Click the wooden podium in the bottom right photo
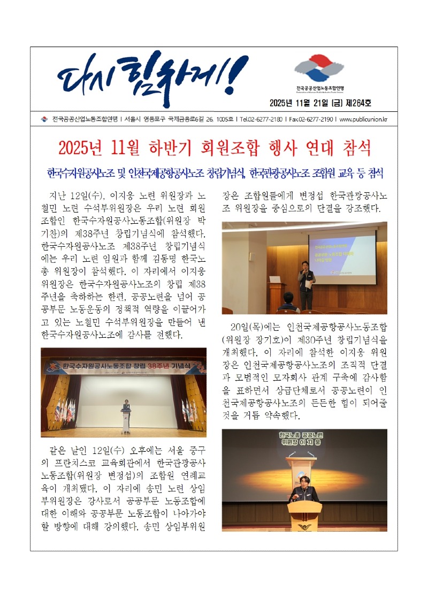(x=304, y=514)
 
